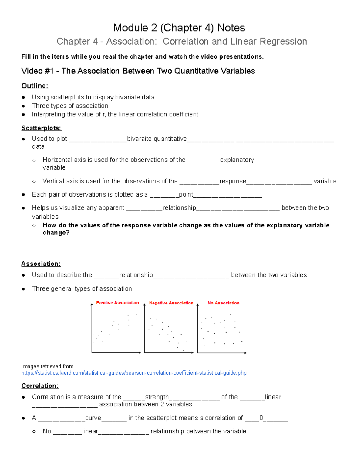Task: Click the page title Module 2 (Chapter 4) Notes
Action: coord(179,28)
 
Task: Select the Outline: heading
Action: coord(35,86)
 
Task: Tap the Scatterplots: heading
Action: coord(41,128)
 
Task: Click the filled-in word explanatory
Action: coord(237,160)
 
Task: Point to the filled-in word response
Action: coord(233,181)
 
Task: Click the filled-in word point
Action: coord(186,194)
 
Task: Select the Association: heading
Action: coord(41,264)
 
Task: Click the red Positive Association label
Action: coord(117,303)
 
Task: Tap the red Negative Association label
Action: coord(171,303)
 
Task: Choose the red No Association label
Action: coord(223,303)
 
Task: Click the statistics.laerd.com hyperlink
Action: coord(134,373)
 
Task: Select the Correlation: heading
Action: coord(40,386)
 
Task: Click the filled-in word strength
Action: coord(157,397)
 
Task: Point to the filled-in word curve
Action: coord(93,418)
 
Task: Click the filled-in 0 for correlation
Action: coord(261,418)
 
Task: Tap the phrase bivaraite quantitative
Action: coord(157,139)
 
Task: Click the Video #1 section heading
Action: coord(138,71)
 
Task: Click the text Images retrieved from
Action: coord(47,366)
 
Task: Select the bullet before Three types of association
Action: coord(23,106)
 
